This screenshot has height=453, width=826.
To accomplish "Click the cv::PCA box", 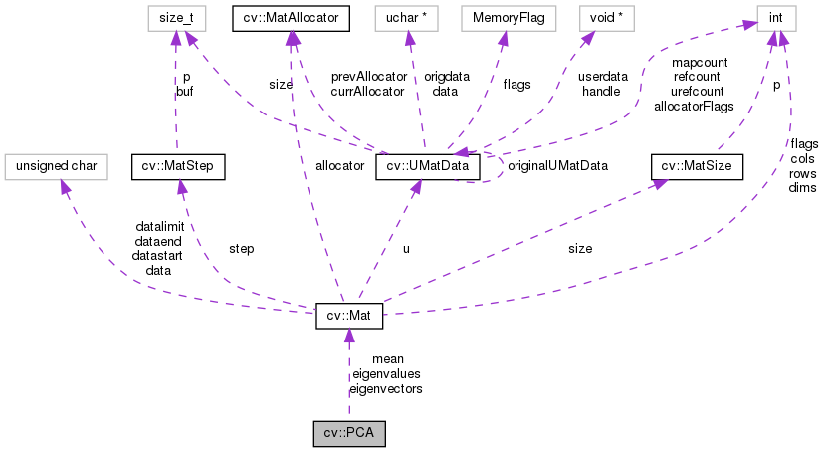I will pyautogui.click(x=348, y=435).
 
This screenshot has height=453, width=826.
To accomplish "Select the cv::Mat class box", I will pyautogui.click(x=348, y=316).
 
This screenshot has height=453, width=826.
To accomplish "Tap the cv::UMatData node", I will pyautogui.click(x=428, y=166).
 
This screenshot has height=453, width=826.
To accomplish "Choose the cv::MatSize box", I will pyautogui.click(x=697, y=166).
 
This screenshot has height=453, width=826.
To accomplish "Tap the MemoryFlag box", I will pyautogui.click(x=504, y=17).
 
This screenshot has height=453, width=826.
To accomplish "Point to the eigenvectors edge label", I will pyautogui.click(x=386, y=389).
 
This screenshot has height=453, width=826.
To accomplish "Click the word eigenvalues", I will pyautogui.click(x=387, y=374).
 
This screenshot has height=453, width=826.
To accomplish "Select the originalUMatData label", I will pyautogui.click(x=557, y=165).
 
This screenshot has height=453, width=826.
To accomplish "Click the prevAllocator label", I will pyautogui.click(x=368, y=76).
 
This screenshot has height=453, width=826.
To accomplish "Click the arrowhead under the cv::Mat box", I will pyautogui.click(x=348, y=337).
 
